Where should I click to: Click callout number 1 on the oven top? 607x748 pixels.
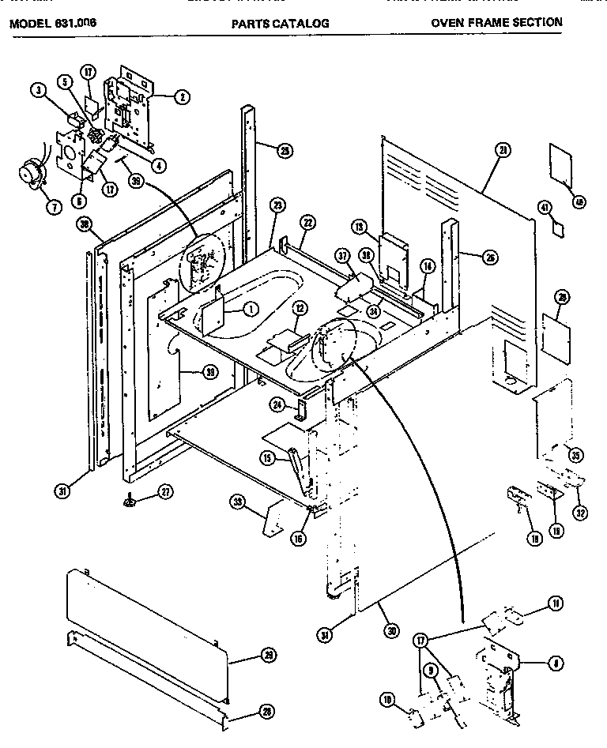point(251,308)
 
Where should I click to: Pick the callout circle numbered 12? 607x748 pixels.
point(299,306)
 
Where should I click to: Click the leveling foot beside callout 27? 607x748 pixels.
point(128,499)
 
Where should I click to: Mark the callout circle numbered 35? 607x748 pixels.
point(575,456)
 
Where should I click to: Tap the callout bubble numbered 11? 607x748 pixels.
point(556,604)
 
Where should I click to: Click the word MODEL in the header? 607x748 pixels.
point(28,23)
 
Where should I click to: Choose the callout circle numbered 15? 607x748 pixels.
point(269,457)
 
